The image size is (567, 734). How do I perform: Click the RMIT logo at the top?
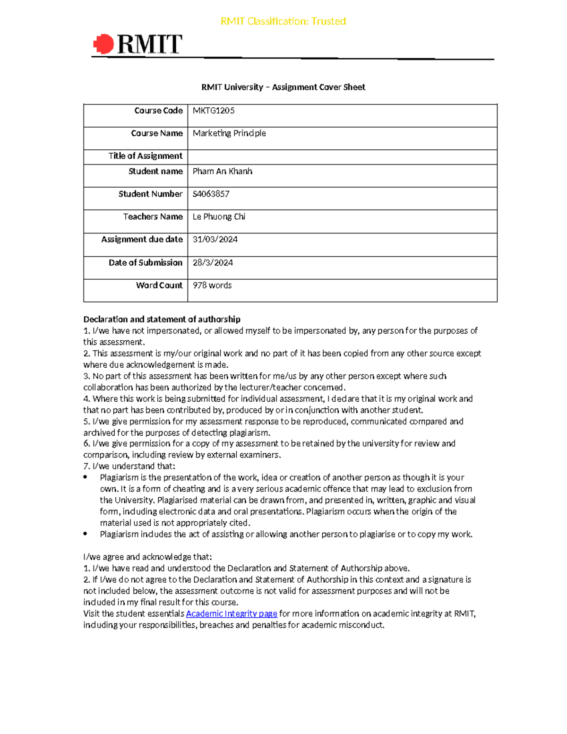[137, 44]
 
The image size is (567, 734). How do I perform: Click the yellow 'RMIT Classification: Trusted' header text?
[283, 21]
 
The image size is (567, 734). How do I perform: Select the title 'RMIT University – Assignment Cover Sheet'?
[283, 87]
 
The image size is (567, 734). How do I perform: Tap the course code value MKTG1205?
[214, 111]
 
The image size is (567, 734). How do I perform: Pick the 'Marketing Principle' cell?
[229, 133]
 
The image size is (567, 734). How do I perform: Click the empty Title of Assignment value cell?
[342, 157]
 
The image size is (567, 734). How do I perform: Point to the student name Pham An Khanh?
[222, 171]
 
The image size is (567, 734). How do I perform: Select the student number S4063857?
[211, 194]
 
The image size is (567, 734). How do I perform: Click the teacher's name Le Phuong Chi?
[219, 216]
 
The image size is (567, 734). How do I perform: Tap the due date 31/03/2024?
[215, 239]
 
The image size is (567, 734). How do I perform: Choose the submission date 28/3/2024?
[213, 262]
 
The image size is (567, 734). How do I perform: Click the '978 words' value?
[212, 285]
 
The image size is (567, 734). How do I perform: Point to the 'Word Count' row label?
[159, 285]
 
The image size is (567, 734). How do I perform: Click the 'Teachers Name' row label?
[153, 216]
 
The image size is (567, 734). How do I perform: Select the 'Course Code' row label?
[158, 111]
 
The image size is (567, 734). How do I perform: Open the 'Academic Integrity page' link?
[232, 613]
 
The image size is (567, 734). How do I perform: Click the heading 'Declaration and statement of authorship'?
[162, 319]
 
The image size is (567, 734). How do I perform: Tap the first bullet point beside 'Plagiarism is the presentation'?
[85, 477]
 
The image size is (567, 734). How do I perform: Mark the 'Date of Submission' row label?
[145, 262]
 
